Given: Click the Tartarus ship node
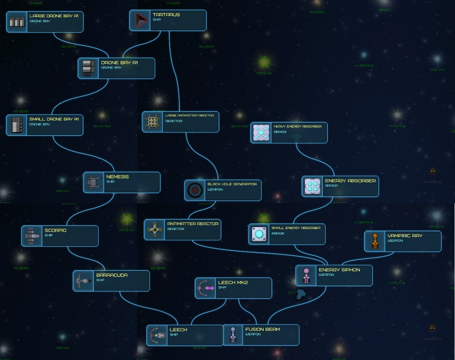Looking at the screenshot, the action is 168,20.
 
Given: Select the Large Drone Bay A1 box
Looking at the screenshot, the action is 45,22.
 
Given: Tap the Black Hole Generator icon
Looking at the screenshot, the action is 195,190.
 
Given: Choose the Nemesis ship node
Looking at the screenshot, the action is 122,182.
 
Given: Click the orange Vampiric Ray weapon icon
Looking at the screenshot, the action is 375,241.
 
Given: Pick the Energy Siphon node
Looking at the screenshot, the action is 334,275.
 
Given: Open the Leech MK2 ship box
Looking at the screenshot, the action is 233,288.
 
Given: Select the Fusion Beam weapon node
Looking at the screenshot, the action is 261,335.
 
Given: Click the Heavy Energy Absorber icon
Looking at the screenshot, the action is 261,133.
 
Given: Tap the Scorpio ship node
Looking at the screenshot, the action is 60,236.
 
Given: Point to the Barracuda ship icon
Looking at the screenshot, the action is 83,281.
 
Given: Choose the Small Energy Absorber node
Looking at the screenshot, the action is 287,234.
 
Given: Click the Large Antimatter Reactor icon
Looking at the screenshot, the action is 153,122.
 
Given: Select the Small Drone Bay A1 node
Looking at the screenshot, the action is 45,125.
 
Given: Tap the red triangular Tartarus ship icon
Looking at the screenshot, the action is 140,20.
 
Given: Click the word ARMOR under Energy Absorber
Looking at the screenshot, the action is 331,186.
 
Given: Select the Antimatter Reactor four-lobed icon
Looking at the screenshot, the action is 154,229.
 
